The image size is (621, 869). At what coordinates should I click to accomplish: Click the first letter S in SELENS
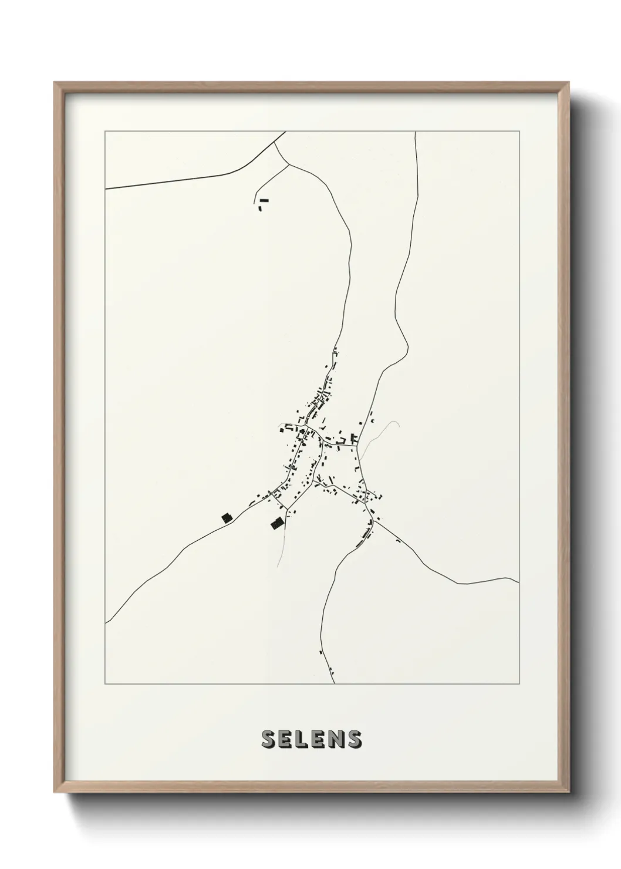click(268, 739)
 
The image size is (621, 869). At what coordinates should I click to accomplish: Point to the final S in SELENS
click(354, 739)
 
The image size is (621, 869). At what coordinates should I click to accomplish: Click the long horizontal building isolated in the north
click(264, 200)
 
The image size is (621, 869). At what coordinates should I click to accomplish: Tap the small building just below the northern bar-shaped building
click(260, 208)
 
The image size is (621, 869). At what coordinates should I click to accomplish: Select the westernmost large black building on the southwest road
click(226, 517)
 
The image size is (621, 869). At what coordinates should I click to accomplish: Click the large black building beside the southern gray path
click(276, 523)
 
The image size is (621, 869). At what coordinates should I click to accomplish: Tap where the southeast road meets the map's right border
click(518, 582)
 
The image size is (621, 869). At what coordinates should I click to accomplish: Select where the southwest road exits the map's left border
click(106, 622)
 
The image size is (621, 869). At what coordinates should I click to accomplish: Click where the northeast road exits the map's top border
click(416, 132)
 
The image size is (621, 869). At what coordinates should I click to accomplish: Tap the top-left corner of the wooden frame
click(55, 83)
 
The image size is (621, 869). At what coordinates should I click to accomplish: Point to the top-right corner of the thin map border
click(518, 132)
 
